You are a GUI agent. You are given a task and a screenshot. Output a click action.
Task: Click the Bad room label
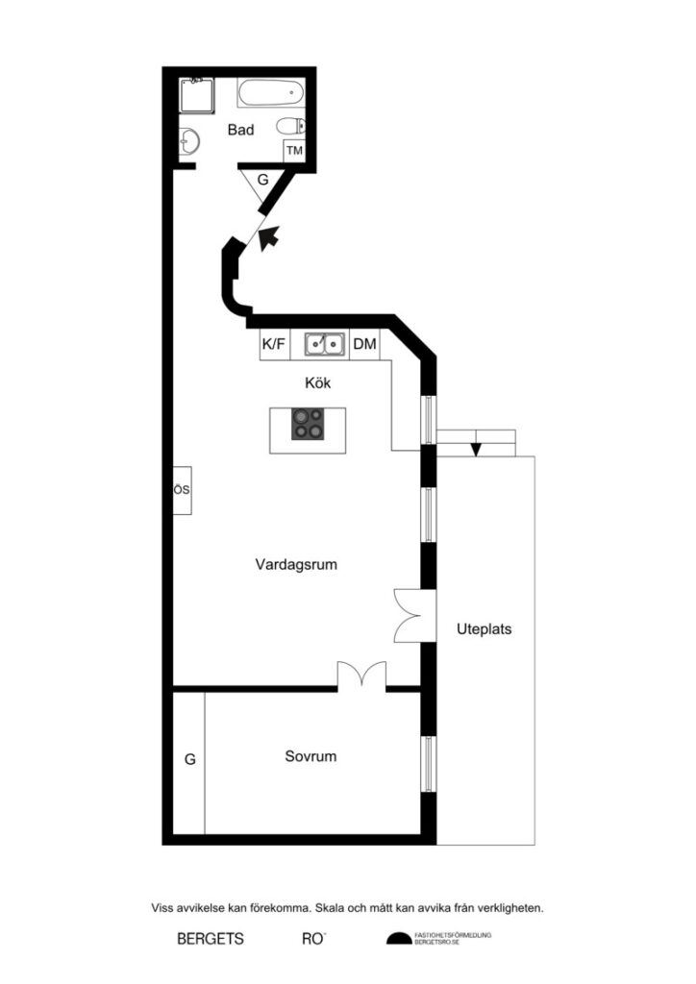click(240, 130)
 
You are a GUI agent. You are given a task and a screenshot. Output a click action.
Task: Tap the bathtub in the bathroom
click(271, 94)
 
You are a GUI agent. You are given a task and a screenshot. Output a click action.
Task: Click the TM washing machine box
click(294, 151)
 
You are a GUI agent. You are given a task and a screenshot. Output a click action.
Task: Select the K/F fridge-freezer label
click(274, 344)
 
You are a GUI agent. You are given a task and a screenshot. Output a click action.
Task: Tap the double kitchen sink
click(326, 343)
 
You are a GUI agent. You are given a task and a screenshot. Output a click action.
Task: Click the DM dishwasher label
click(364, 344)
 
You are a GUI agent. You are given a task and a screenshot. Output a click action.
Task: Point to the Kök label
click(317, 382)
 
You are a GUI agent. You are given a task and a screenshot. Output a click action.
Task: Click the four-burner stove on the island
click(309, 424)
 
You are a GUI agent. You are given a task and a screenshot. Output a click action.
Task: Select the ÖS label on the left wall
click(182, 490)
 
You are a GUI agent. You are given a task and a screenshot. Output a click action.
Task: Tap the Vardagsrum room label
click(296, 565)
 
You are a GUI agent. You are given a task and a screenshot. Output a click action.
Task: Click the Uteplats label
click(484, 630)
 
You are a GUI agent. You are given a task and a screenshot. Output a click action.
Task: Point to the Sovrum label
click(311, 756)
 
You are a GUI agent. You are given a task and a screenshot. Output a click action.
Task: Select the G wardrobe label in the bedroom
click(189, 759)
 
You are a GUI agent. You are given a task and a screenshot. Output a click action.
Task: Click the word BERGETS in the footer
click(211, 939)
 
